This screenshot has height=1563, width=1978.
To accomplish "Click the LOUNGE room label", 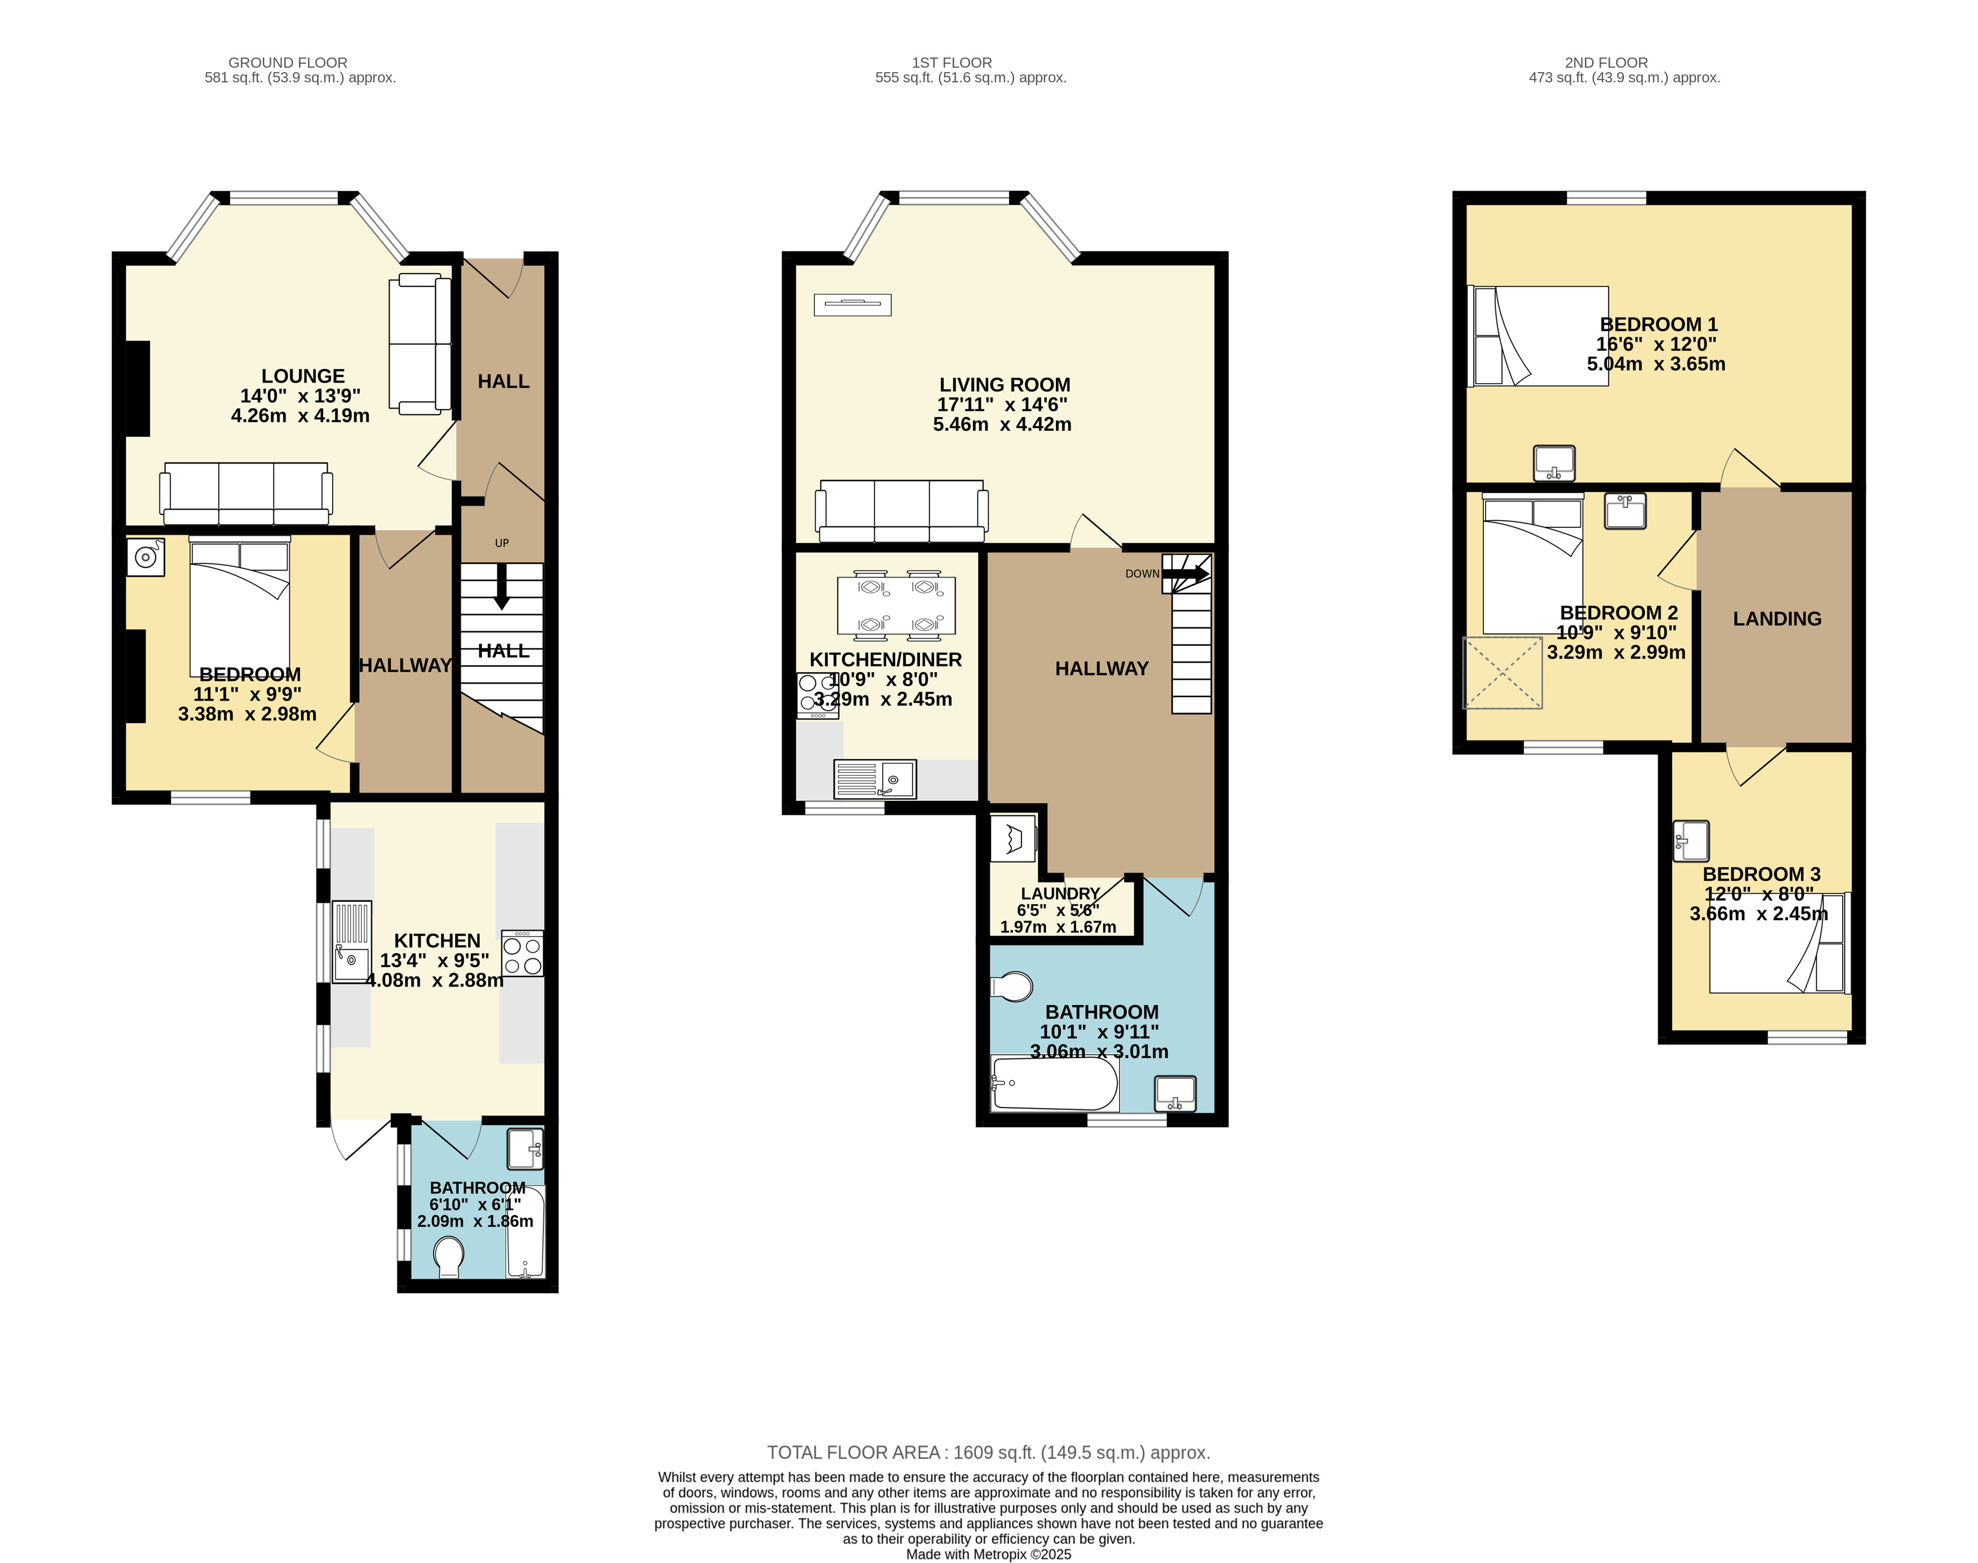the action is tap(303, 376).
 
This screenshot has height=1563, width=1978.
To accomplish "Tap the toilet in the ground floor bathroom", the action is tap(448, 1257).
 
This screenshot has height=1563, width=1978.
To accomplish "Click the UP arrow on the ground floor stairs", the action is tap(501, 585).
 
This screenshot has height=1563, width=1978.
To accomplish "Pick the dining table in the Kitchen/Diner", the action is tap(897, 605).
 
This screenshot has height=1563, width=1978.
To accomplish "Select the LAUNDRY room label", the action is tap(1060, 893).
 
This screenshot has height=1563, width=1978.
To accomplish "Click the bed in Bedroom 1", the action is tap(1538, 336).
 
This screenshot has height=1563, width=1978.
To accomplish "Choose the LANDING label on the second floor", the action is tap(1777, 619).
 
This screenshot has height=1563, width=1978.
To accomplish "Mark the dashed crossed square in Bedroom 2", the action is tap(1503, 672).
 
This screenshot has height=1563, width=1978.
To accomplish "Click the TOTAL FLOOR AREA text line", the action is tap(988, 1452).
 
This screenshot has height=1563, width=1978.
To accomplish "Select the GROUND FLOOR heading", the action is tap(287, 62).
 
